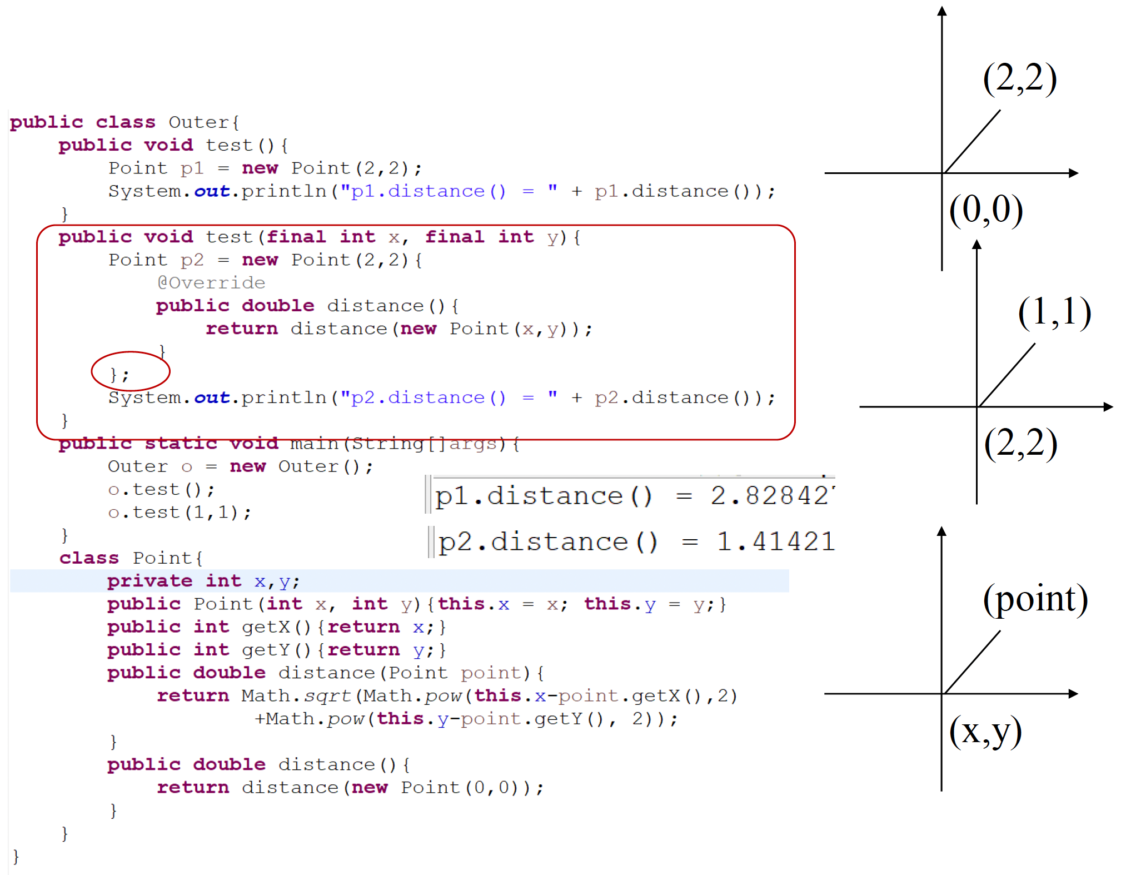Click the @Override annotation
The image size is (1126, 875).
click(x=211, y=283)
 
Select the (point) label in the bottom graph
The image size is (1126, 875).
click(x=1035, y=600)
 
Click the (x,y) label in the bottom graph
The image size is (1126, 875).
click(x=985, y=732)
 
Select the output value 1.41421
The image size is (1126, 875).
click(x=775, y=541)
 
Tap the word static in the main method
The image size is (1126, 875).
click(x=180, y=444)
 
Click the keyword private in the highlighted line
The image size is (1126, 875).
click(x=150, y=581)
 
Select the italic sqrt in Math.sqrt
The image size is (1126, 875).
click(x=327, y=696)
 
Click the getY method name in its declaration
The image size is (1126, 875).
click(x=266, y=650)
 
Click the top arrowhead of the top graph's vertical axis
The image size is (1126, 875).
click(x=942, y=11)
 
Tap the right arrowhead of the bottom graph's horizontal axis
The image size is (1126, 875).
click(x=1074, y=694)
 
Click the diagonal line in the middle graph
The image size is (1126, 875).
click(x=1007, y=375)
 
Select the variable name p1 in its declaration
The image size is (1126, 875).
click(x=192, y=168)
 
